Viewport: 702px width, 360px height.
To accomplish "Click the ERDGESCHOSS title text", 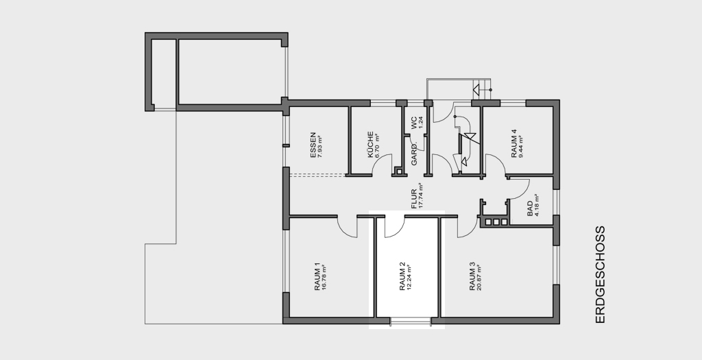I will pos(600,274).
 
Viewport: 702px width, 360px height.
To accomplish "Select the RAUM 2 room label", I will pos(402,277).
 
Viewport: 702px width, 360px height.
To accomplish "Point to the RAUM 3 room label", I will pos(472,277).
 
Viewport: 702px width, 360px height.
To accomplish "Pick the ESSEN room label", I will pos(313,145).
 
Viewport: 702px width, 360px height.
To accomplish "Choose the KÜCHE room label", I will pos(370,145).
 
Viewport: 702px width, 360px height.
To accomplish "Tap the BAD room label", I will pos(530,209).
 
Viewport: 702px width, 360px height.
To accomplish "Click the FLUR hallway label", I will pos(414,198).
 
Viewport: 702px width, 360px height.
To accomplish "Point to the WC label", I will pos(414,123).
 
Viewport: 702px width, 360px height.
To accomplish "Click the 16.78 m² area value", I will pos(324,278).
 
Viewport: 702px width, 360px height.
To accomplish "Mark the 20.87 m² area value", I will pos(479,278).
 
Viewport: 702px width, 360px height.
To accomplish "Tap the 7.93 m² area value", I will pos(319,145).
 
